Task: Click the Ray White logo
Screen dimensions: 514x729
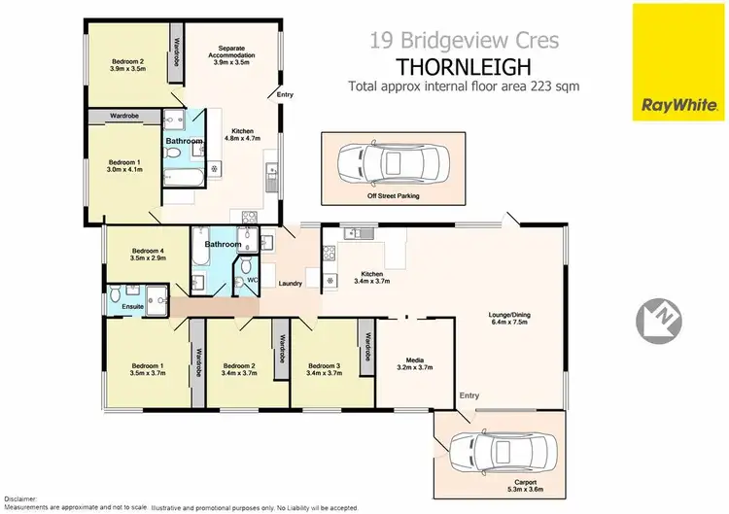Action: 678,105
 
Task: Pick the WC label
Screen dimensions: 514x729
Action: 252,281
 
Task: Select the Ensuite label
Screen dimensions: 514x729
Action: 132,306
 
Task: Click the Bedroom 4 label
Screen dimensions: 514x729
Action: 149,253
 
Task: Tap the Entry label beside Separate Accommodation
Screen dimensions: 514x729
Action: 285,94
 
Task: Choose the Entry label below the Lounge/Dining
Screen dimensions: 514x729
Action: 469,395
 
